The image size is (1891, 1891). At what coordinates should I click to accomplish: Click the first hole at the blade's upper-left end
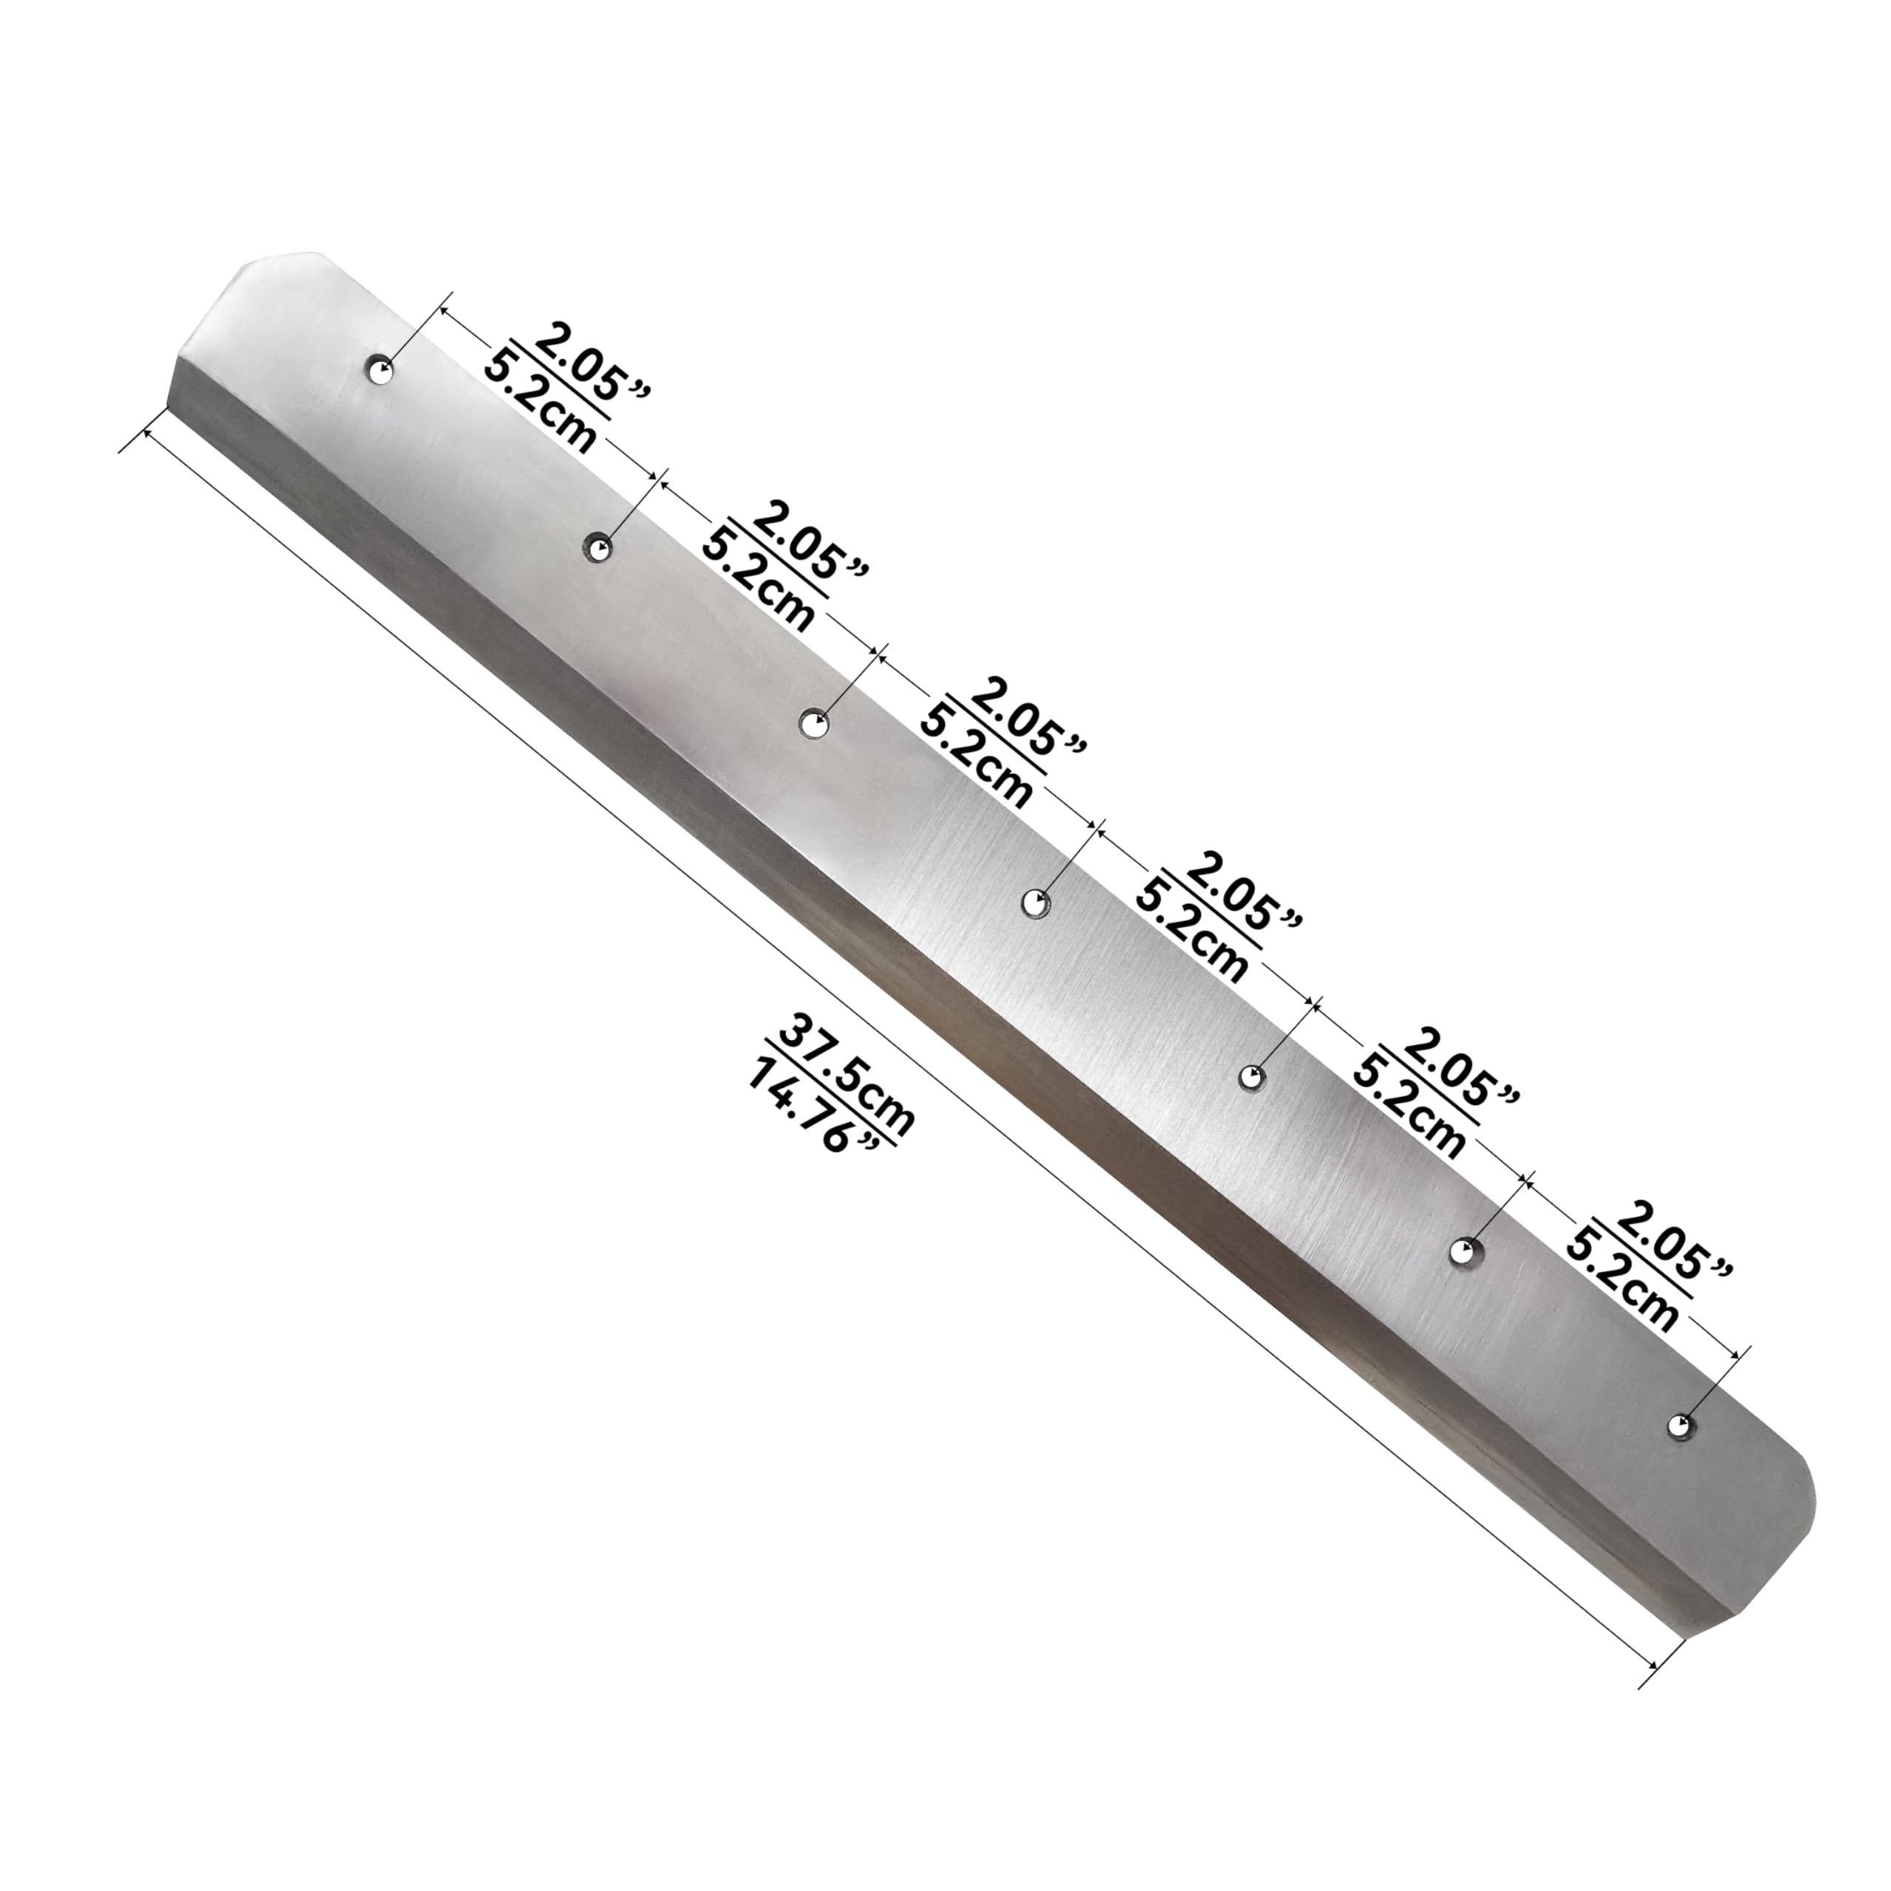click(x=379, y=370)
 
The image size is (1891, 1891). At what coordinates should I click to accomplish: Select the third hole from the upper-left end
click(x=813, y=723)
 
